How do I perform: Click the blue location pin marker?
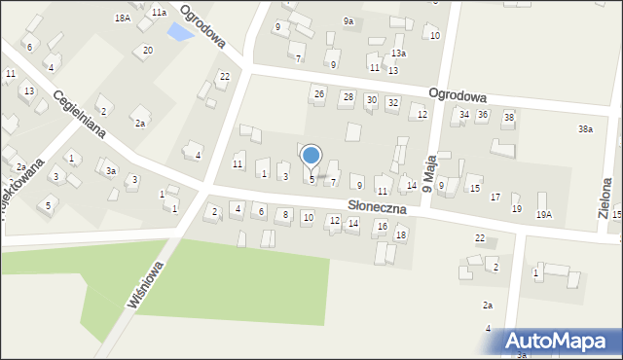[x=311, y=156]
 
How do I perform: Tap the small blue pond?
[x=179, y=33]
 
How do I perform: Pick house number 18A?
[x=122, y=18]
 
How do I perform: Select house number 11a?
[x=159, y=12]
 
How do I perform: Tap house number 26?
[x=318, y=94]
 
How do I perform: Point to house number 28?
[x=348, y=97]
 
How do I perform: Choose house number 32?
[x=392, y=102]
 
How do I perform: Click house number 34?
[x=464, y=115]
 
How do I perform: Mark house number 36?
[x=483, y=115]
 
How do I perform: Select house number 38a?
[x=585, y=128]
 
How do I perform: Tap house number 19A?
[x=543, y=214]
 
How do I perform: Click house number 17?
[x=495, y=198]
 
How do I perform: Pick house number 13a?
[x=398, y=53]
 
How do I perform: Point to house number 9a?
[x=348, y=20]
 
